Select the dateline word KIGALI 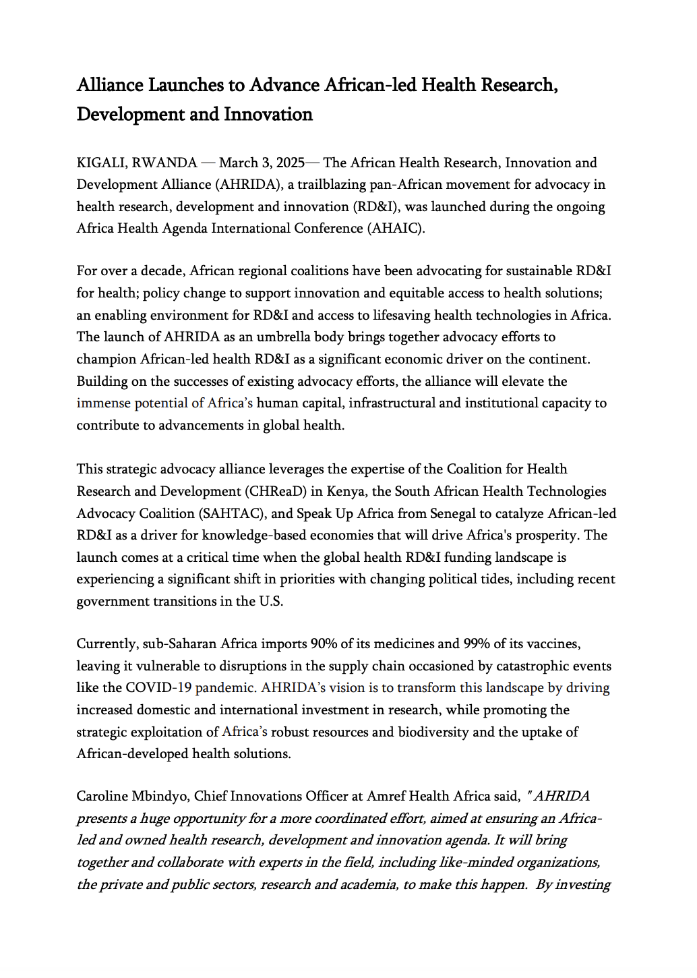pos(102,163)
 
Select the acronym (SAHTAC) pos(233,513)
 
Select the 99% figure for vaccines pos(477,643)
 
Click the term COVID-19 pos(158,688)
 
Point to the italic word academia pos(370,884)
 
